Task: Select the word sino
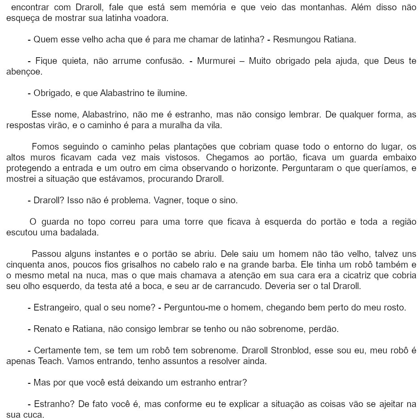click(x=229, y=200)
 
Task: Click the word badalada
click(x=80, y=232)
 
